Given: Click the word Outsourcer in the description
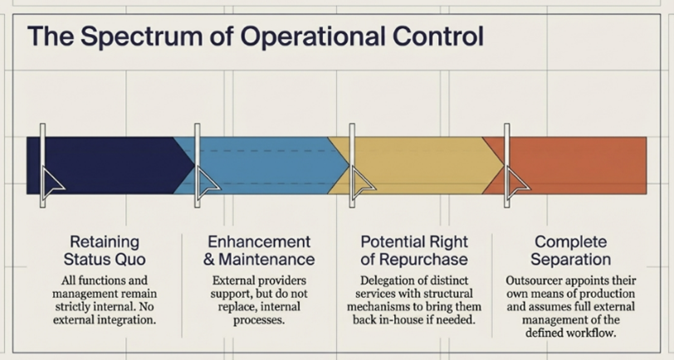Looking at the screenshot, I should [536, 280].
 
